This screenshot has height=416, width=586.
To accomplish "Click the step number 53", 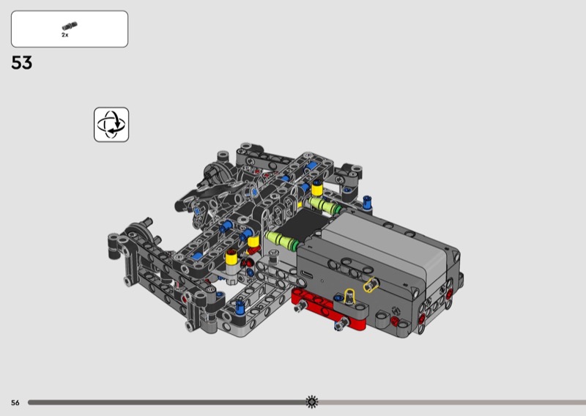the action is click(x=22, y=62).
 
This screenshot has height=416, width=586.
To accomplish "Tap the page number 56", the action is click(x=15, y=403).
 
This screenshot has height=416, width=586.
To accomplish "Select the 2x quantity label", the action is click(x=65, y=34).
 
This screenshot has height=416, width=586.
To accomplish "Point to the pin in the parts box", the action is click(x=70, y=26).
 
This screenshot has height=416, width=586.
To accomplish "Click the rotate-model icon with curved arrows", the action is click(x=111, y=125).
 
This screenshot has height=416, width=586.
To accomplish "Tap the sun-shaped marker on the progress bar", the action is click(x=312, y=402).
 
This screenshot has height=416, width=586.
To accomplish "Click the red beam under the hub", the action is click(x=329, y=310).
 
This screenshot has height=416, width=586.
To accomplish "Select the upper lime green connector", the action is click(x=324, y=206).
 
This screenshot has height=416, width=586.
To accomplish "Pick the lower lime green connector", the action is click(x=281, y=241).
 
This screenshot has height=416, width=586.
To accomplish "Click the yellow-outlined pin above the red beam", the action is click(x=349, y=295).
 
